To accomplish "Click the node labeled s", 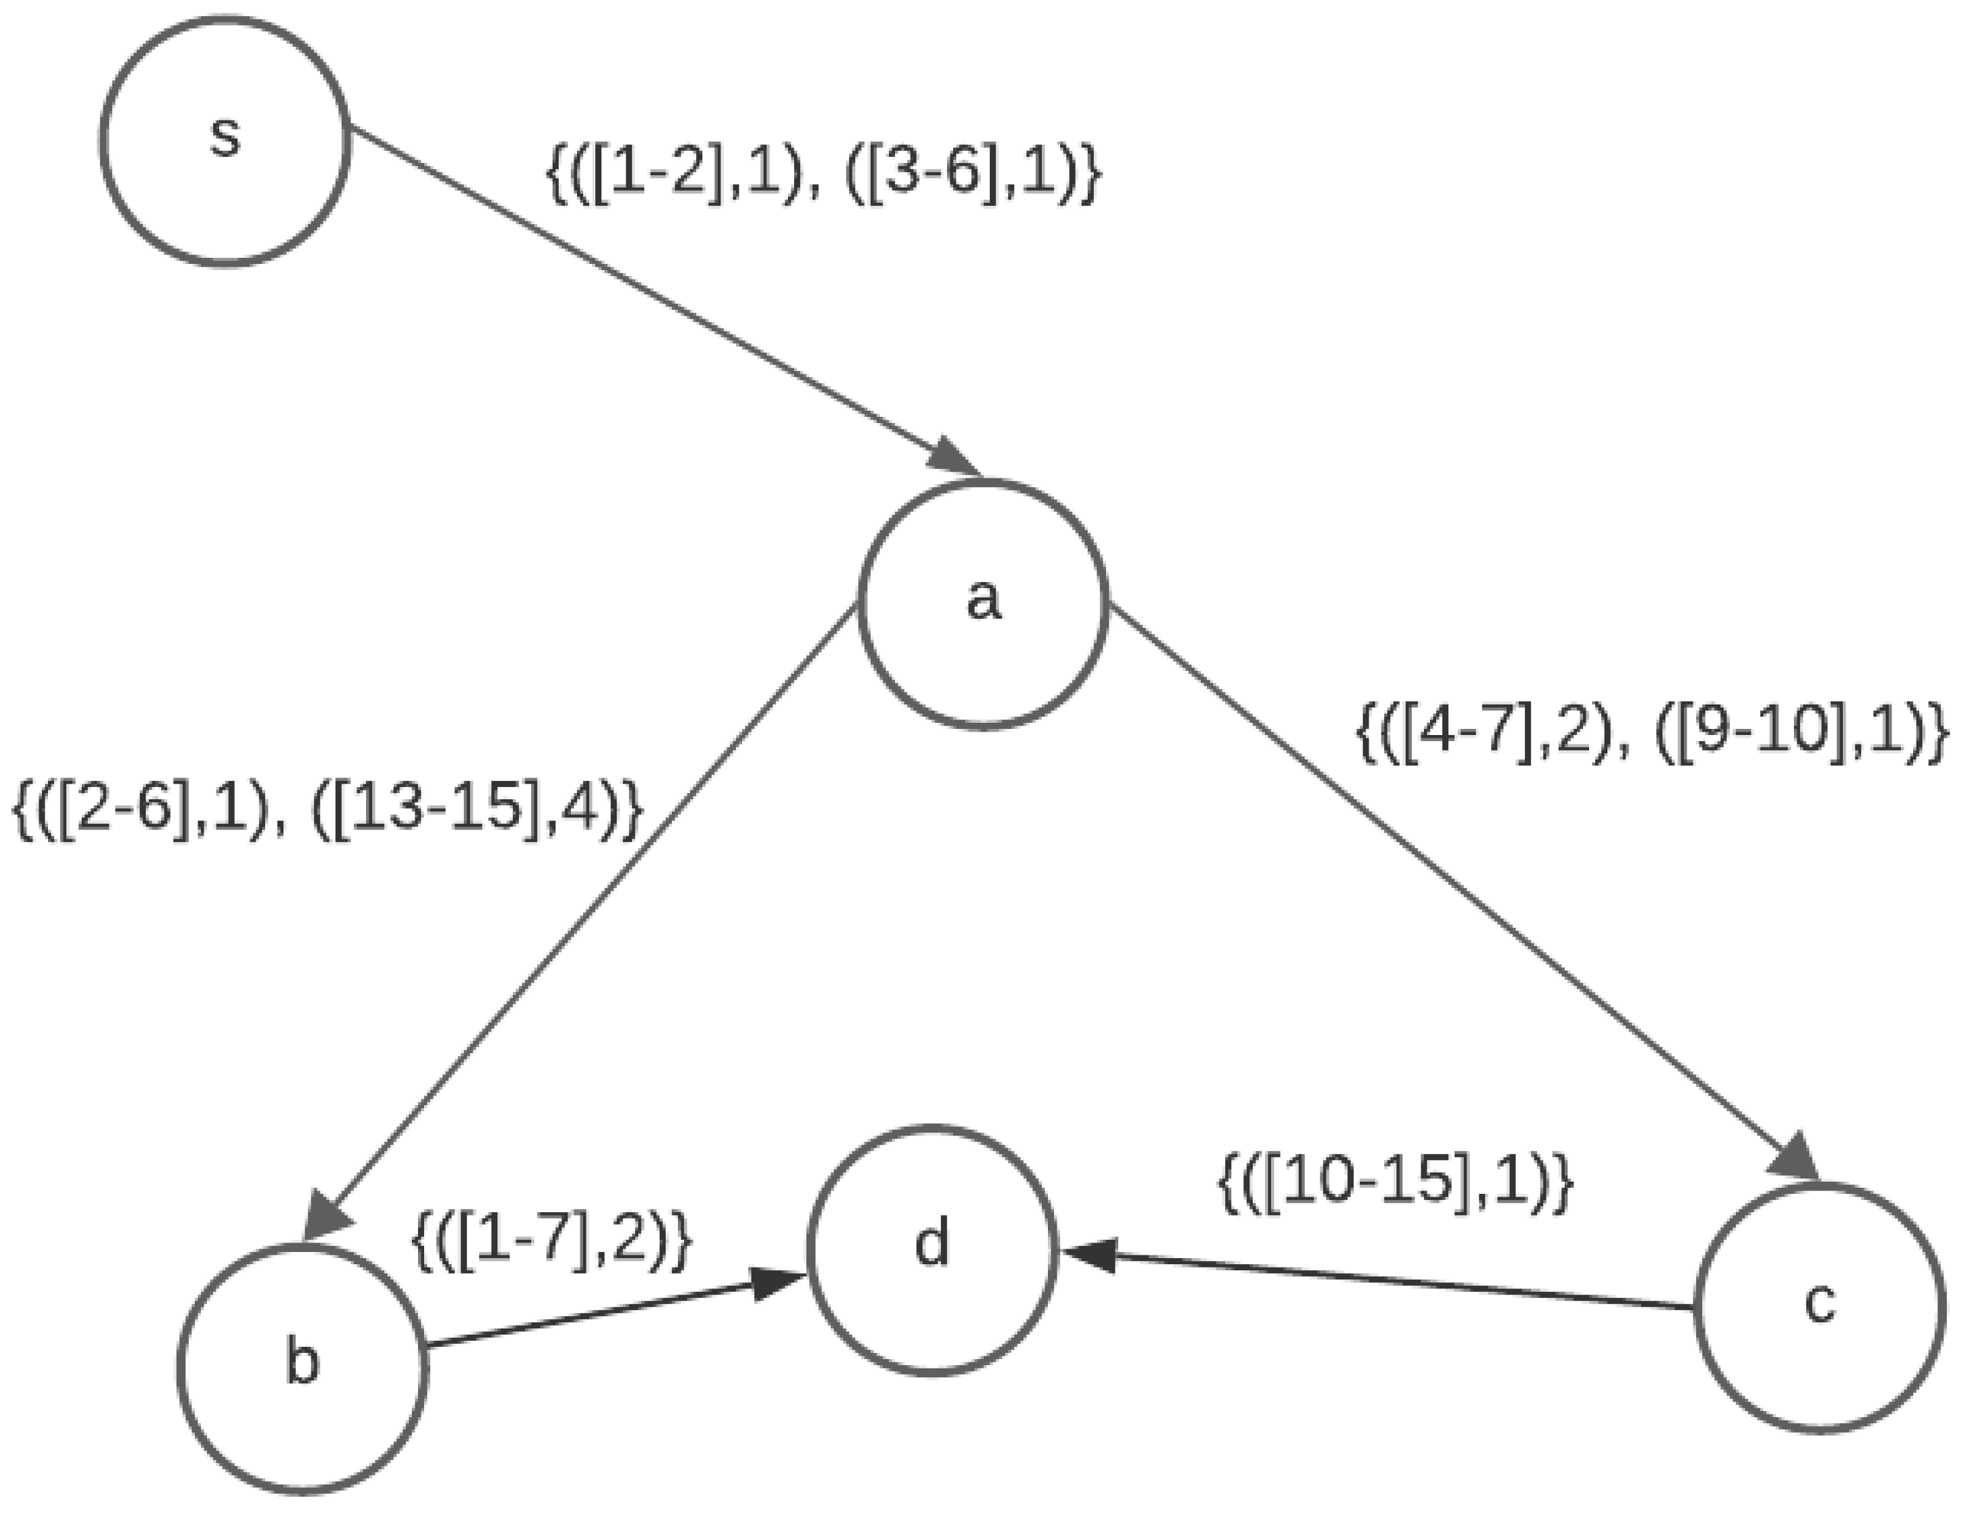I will tap(225, 141).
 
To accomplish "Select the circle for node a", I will tap(983, 602).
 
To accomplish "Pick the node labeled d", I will tap(932, 1250).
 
